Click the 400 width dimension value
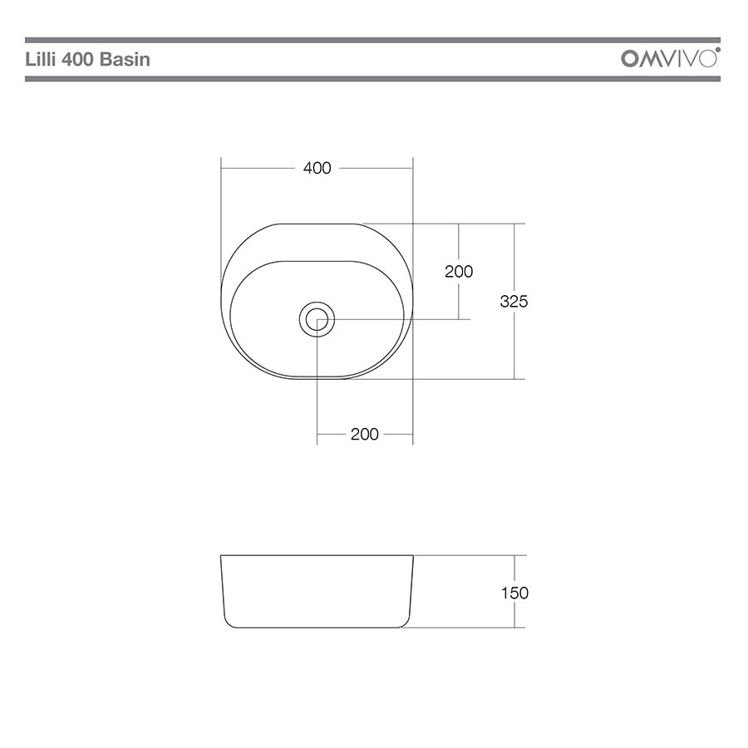coord(317,168)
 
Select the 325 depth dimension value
coord(514,302)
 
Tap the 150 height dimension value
coord(514,593)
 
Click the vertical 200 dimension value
coord(459,271)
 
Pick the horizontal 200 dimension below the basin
coord(364,434)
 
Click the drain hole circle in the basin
coord(317,319)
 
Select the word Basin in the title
coord(126,60)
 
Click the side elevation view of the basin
coord(317,592)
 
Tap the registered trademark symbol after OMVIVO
coord(718,51)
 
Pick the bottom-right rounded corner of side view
coord(406,623)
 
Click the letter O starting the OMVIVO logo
coord(631,59)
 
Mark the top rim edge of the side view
coord(317,555)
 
